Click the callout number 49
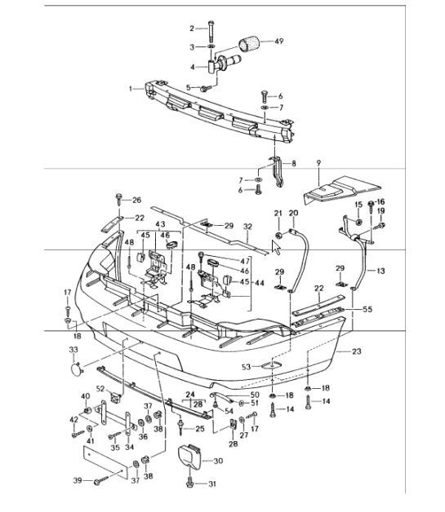point(279,41)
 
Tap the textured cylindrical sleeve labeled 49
point(249,43)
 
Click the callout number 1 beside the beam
point(130,87)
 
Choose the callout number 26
point(137,200)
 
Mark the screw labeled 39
point(96,482)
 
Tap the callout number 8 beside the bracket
point(294,163)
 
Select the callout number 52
point(101,388)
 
